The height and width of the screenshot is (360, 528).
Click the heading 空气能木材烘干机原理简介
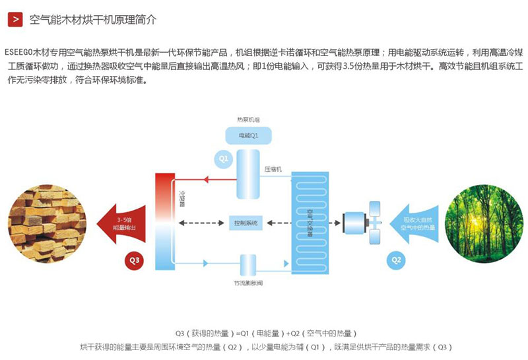point(93,19)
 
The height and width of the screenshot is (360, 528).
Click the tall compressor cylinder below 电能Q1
point(247,174)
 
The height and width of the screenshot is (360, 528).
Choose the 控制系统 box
point(246,223)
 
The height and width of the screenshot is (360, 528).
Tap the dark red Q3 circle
point(134,260)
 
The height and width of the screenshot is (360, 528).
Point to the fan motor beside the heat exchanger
point(353,223)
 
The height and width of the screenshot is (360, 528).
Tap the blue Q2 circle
point(396,260)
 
